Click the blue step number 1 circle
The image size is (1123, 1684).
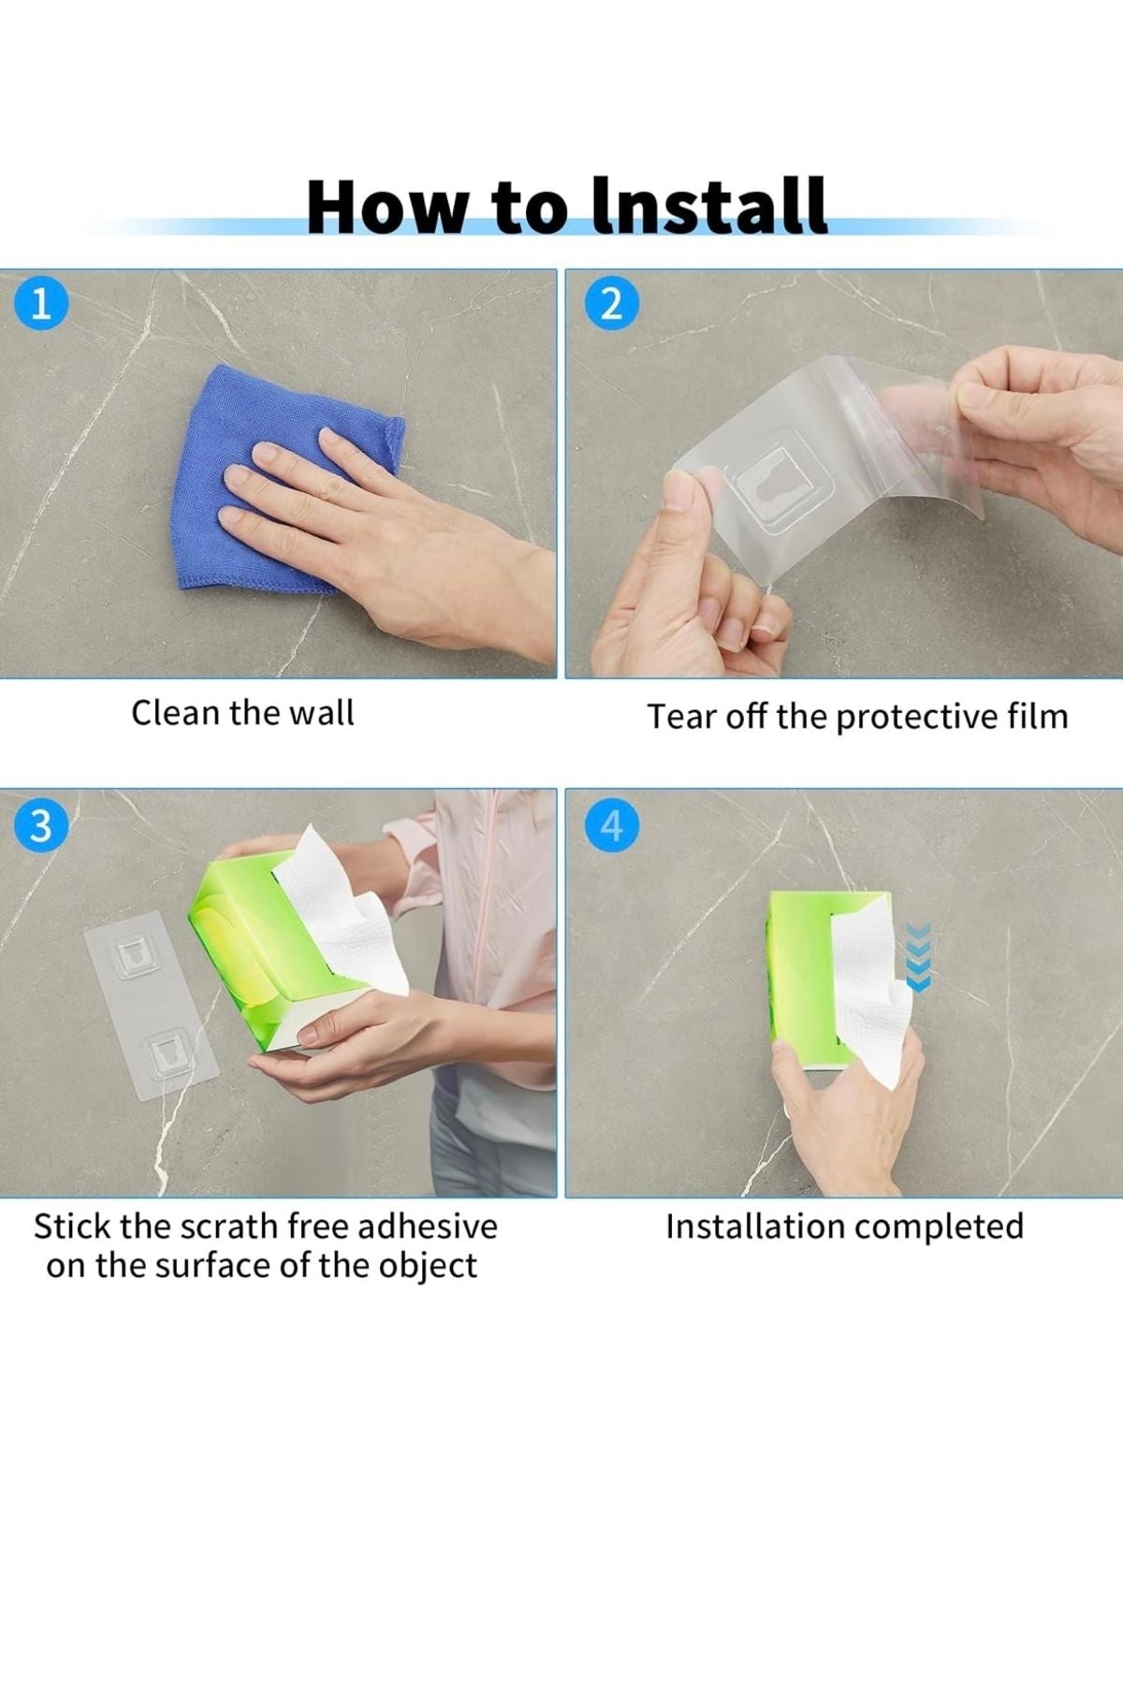tap(40, 304)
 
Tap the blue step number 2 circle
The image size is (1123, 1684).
tap(610, 304)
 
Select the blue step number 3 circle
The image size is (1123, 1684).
tap(40, 826)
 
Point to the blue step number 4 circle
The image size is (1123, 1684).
tap(610, 826)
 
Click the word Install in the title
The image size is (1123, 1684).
tap(710, 206)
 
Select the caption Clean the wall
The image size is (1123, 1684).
tap(242, 713)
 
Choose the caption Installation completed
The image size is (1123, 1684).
tap(844, 1227)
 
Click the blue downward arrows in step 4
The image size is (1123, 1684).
tap(918, 957)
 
